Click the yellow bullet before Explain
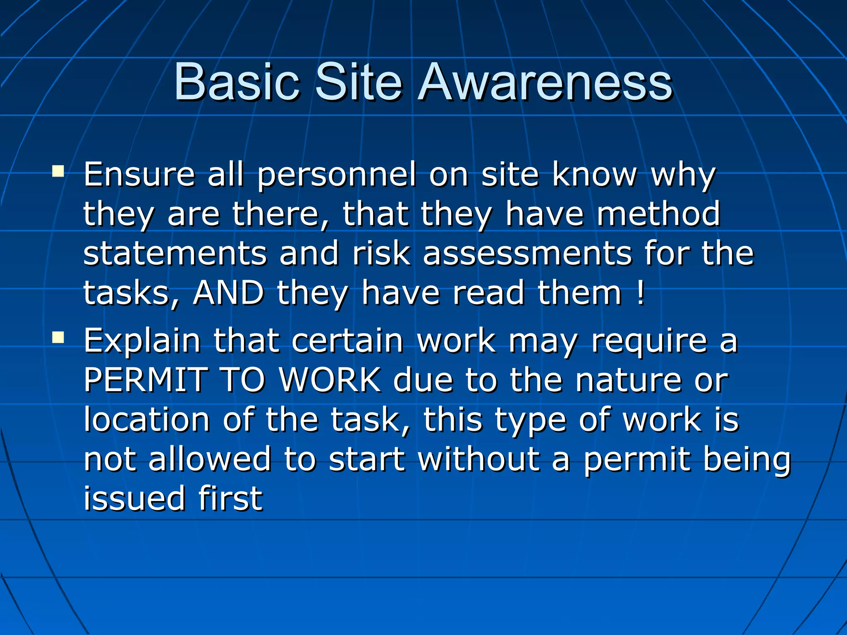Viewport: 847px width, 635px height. [x=58, y=338]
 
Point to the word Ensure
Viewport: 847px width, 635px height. [x=139, y=174]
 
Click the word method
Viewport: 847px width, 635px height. [x=658, y=214]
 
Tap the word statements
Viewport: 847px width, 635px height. [x=175, y=253]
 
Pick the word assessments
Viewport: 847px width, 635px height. [x=527, y=253]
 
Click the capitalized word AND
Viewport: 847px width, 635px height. [x=228, y=293]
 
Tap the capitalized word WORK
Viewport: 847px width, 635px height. [x=330, y=380]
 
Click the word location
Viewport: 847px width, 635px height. [x=147, y=420]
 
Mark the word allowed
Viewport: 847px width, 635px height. [x=209, y=459]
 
